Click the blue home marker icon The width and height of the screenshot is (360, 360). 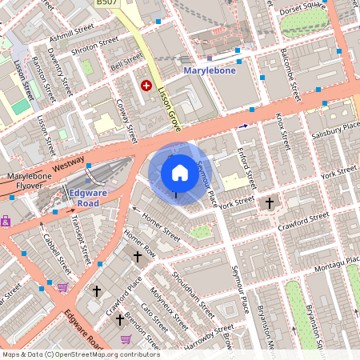pyautogui.click(x=180, y=173)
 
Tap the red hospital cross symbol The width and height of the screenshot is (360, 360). pyautogui.click(x=146, y=85)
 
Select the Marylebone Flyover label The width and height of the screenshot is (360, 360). pyautogui.click(x=30, y=182)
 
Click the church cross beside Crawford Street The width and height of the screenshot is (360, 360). pyautogui.click(x=269, y=203)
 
